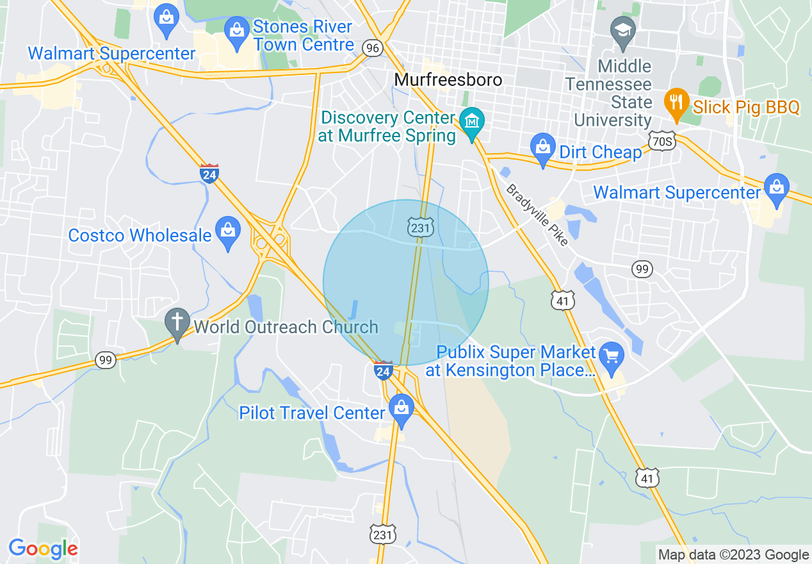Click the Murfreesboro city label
(448, 79)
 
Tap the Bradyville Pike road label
(537, 215)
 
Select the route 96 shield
(372, 47)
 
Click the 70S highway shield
(662, 142)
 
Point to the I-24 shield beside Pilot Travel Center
(384, 370)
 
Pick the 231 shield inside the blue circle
(421, 226)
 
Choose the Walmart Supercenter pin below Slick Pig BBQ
(777, 189)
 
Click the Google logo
(43, 549)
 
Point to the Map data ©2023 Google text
(734, 555)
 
